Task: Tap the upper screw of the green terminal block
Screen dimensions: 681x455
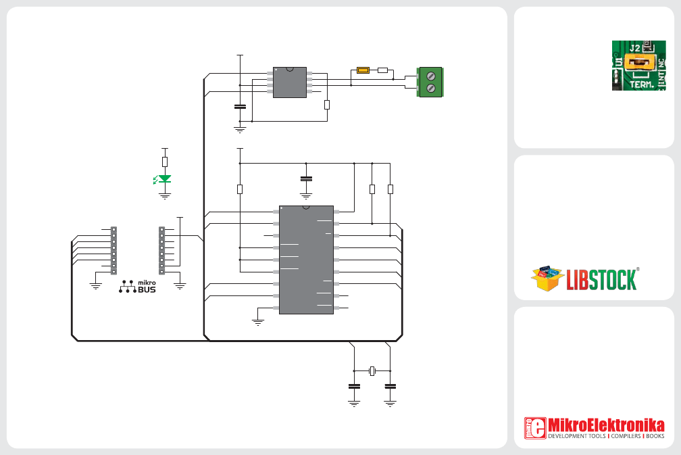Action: pos(431,76)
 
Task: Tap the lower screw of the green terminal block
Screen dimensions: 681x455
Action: pos(431,88)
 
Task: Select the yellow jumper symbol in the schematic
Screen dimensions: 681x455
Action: pos(363,70)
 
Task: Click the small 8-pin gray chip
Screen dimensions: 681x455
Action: pos(290,82)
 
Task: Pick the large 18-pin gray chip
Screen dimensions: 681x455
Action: pos(306,260)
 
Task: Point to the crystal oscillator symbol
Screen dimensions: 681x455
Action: pos(372,370)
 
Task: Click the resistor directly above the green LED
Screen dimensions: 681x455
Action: pos(165,162)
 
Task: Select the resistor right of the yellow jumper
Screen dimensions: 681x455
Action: pos(382,70)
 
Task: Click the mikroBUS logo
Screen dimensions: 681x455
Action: pos(137,287)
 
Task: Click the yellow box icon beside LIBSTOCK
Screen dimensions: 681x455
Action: pos(547,278)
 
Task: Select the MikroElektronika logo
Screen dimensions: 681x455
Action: pos(594,428)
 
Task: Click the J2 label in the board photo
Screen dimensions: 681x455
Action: pos(634,48)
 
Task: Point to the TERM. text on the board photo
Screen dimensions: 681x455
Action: pos(642,85)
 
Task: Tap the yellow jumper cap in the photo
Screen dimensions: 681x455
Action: pos(639,63)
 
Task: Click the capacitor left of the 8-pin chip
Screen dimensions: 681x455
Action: pos(240,106)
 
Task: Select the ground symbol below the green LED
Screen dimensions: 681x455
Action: pos(165,196)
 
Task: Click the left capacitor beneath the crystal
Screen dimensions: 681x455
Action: pos(355,386)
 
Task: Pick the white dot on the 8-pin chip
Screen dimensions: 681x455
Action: pos(276,70)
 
